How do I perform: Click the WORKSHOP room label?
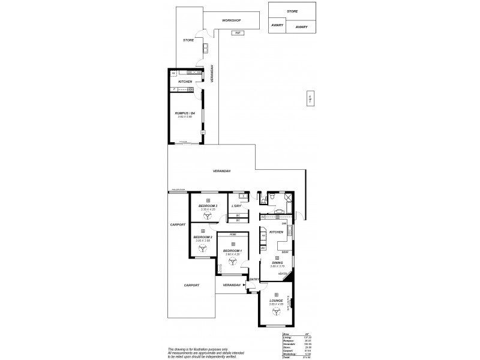click(x=231, y=20)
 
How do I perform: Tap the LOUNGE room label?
click(x=277, y=300)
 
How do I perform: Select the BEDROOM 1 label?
click(x=232, y=250)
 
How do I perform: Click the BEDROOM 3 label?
click(x=208, y=206)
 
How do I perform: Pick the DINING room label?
click(x=277, y=262)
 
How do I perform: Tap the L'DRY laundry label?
click(x=236, y=206)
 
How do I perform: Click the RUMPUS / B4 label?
click(x=185, y=113)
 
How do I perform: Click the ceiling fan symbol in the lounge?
click(x=277, y=311)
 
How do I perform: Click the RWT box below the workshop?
click(x=238, y=32)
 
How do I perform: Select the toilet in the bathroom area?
click(x=272, y=196)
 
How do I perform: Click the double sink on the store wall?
click(x=205, y=47)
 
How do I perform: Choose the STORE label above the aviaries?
click(x=292, y=11)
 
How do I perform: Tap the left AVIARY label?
click(x=277, y=25)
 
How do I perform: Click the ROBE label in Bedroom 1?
click(x=232, y=236)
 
